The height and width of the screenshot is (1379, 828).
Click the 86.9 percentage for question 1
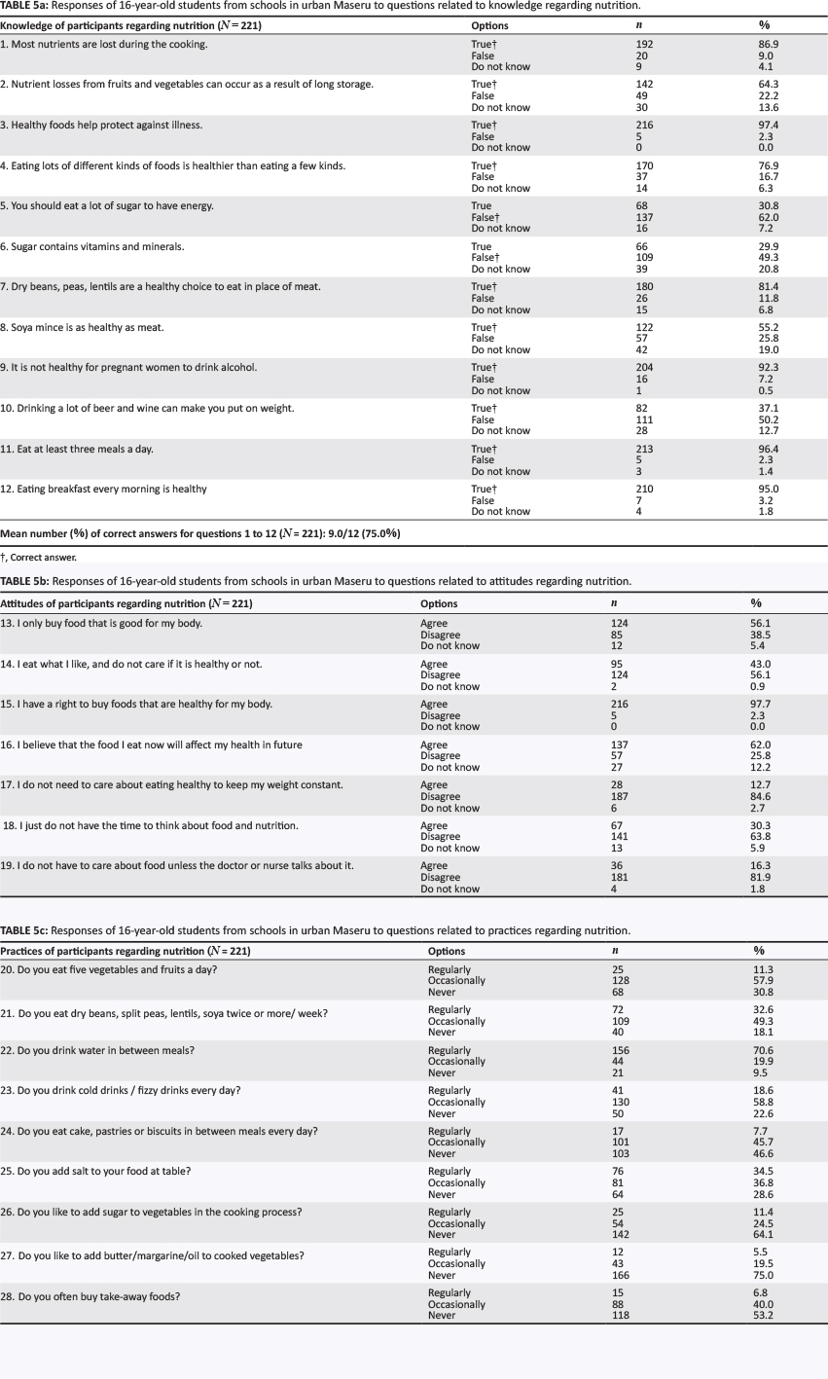click(x=769, y=45)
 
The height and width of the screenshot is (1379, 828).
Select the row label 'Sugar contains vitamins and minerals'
click(x=92, y=247)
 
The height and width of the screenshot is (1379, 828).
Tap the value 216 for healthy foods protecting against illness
click(x=643, y=126)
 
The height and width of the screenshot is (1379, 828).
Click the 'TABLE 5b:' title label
click(x=25, y=581)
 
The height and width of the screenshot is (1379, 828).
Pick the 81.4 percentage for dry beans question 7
click(x=769, y=287)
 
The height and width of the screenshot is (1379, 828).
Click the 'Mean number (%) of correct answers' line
click(x=200, y=533)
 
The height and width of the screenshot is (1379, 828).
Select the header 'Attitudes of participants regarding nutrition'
click(x=126, y=603)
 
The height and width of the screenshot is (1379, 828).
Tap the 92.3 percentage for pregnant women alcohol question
click(x=769, y=368)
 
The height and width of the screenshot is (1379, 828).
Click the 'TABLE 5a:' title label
click(x=25, y=5)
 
